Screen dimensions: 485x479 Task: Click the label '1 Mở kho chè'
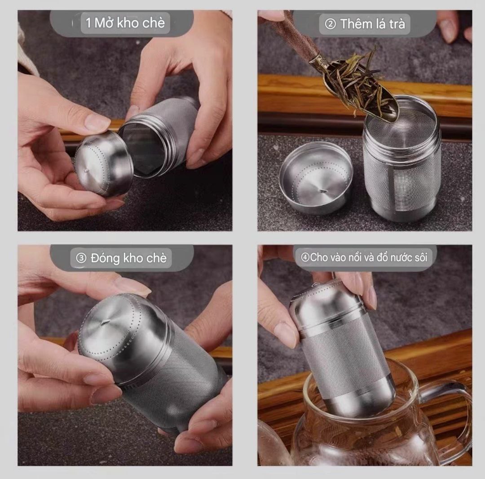coord(125,23)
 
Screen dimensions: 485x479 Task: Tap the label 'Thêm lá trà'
coord(372,24)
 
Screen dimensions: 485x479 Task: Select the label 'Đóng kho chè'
coord(129,258)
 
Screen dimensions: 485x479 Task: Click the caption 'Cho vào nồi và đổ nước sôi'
coord(368,257)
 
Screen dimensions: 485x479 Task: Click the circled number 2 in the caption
coord(331,24)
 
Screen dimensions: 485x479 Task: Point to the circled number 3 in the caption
coord(81,258)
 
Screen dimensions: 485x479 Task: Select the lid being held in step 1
coord(104,163)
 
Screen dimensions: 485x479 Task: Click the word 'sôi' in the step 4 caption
coord(419,257)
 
